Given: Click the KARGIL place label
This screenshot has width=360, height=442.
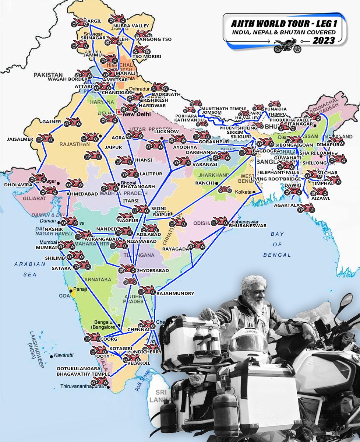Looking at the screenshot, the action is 92,21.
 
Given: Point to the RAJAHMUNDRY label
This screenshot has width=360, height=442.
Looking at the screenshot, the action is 175,294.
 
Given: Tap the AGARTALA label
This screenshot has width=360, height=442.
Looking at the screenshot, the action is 285,206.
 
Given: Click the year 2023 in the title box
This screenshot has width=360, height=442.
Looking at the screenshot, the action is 324,40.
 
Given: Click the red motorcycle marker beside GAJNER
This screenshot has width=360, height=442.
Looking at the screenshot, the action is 73,122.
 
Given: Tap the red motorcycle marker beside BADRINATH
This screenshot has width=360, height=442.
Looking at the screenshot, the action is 159,87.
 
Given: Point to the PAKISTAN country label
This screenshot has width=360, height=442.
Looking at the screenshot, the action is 48,75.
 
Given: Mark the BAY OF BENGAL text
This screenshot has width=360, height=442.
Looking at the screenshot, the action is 277,244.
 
